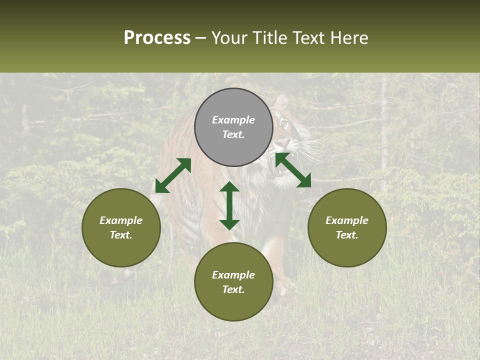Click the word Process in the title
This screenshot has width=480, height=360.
157,38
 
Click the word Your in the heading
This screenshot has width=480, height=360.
230,38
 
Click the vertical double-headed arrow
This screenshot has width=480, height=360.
229,205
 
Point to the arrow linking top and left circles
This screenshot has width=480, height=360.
173,175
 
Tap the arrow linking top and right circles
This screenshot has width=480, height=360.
293,170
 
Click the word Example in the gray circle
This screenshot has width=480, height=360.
233,120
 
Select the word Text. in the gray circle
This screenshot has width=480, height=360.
233,134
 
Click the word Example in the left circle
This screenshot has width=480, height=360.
121,220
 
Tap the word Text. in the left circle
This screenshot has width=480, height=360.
121,235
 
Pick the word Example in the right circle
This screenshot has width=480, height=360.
347,220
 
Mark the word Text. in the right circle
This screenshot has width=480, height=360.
347,235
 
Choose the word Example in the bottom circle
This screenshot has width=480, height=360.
233,275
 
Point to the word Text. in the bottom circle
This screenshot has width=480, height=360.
233,289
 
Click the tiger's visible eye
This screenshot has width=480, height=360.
284,122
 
